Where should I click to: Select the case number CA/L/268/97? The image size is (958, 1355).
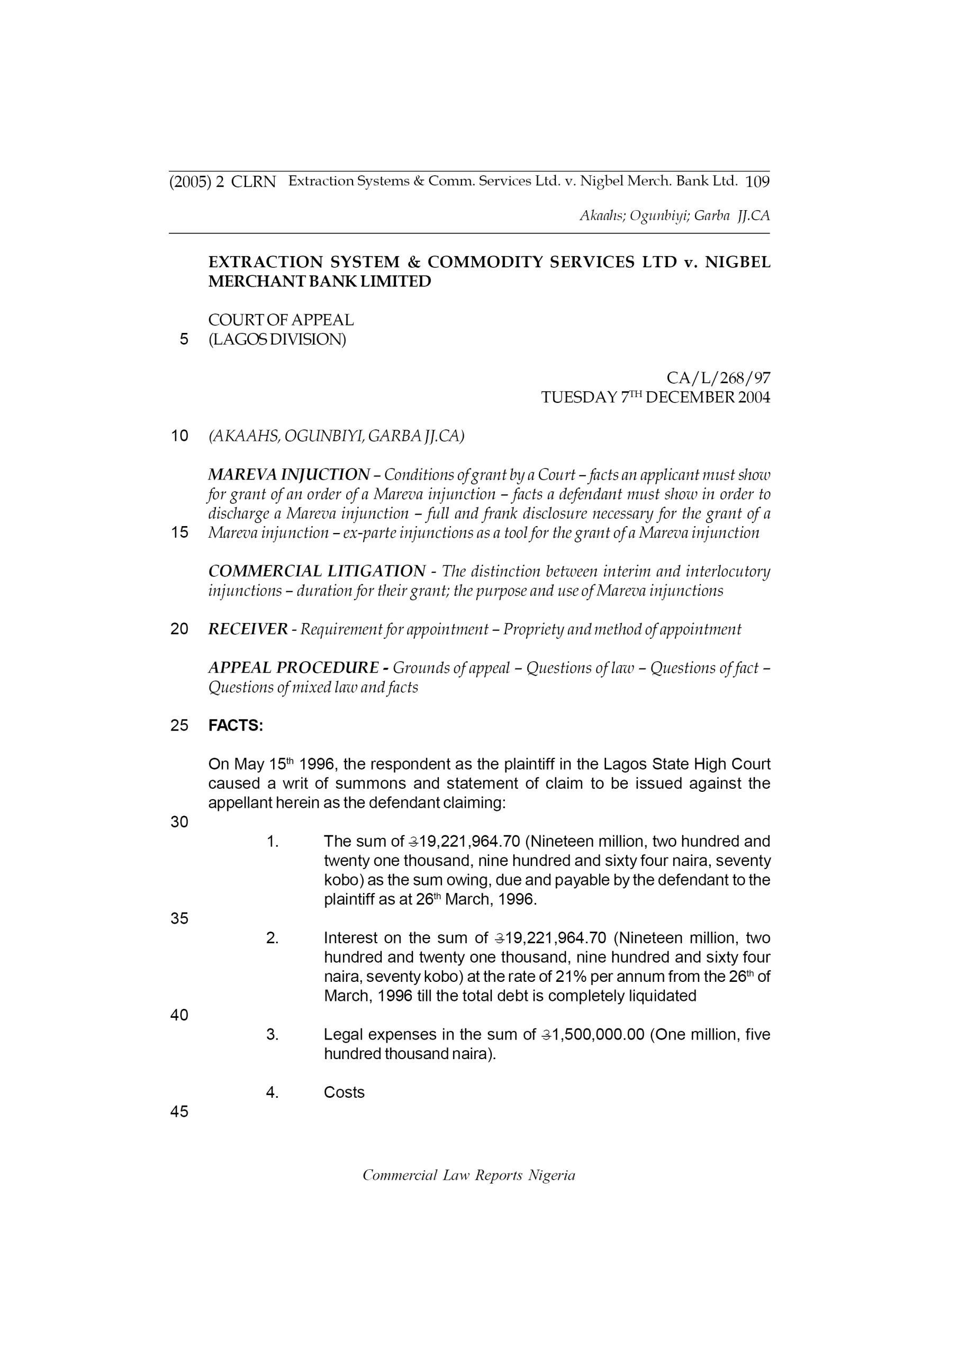718,378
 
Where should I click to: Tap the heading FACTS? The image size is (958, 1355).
236,726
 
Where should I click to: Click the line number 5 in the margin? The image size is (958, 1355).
184,339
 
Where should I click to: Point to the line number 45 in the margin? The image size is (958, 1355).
179,1112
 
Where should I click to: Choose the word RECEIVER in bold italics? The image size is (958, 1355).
248,630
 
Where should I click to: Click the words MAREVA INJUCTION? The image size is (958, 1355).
288,475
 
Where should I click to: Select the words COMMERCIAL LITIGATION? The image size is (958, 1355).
317,572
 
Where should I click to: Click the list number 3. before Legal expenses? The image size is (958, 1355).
272,1035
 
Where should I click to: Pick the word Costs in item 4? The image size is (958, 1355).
344,1092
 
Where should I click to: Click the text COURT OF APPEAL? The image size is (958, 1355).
281,320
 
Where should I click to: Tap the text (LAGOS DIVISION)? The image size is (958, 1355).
277,340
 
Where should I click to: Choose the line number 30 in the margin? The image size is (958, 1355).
179,822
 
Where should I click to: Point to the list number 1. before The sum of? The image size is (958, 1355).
272,842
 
